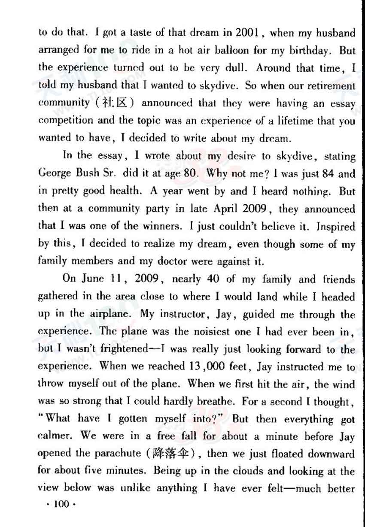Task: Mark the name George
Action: [53, 174]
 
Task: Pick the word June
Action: [92, 279]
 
